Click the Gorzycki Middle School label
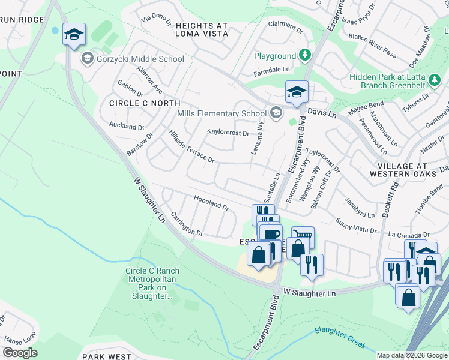(x=139, y=59)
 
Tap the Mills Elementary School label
(x=221, y=113)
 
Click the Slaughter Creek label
(x=340, y=338)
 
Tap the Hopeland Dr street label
(x=211, y=202)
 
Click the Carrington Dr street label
(x=187, y=223)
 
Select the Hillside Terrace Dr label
(x=191, y=146)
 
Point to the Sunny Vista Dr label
(x=356, y=226)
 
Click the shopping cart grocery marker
(x=303, y=236)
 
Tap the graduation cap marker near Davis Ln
(x=297, y=92)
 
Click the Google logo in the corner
(x=20, y=353)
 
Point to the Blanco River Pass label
(x=372, y=54)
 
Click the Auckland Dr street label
(x=126, y=127)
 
